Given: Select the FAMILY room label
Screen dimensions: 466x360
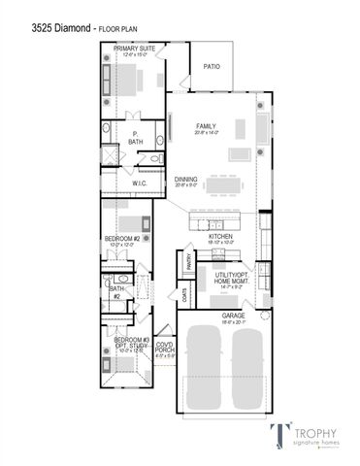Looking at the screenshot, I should point(205,126).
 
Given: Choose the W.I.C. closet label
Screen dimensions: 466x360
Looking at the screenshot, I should point(139,183).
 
